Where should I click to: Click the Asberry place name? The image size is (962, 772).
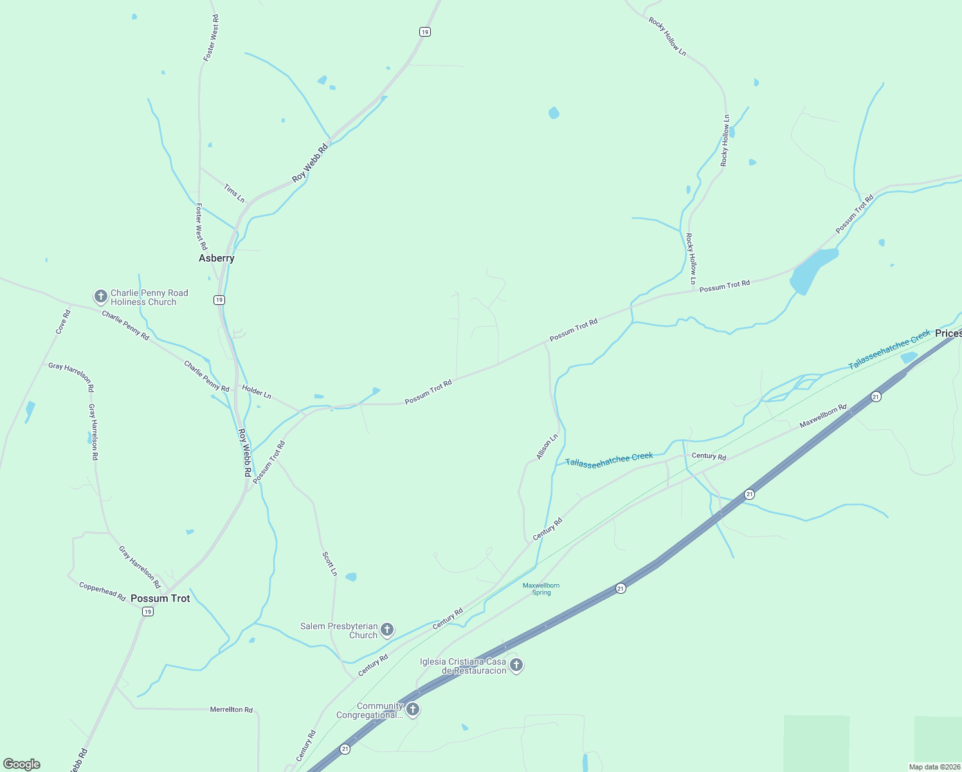(216, 258)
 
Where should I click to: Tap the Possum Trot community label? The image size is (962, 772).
(160, 598)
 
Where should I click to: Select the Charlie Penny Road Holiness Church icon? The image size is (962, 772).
(100, 297)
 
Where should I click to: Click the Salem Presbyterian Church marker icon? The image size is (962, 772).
(387, 629)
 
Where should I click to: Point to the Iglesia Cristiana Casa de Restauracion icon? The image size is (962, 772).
(516, 665)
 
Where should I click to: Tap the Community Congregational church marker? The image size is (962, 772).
(413, 710)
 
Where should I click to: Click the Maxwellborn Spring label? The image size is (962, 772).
(541, 589)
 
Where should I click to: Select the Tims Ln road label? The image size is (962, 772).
(234, 193)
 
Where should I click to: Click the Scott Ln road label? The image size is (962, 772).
(329, 563)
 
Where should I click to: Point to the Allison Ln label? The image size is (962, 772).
(547, 446)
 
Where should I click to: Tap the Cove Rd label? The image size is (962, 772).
(62, 322)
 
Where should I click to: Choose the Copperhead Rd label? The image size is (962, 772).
(102, 591)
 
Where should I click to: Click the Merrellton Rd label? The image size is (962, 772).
(231, 710)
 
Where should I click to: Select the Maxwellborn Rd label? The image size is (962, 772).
(823, 416)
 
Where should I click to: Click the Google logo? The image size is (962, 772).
(22, 764)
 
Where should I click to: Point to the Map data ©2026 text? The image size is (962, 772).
(934, 767)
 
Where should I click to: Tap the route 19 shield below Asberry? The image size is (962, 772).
(219, 300)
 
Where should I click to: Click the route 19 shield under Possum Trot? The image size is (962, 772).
(148, 612)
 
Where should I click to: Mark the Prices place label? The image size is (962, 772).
(948, 333)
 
